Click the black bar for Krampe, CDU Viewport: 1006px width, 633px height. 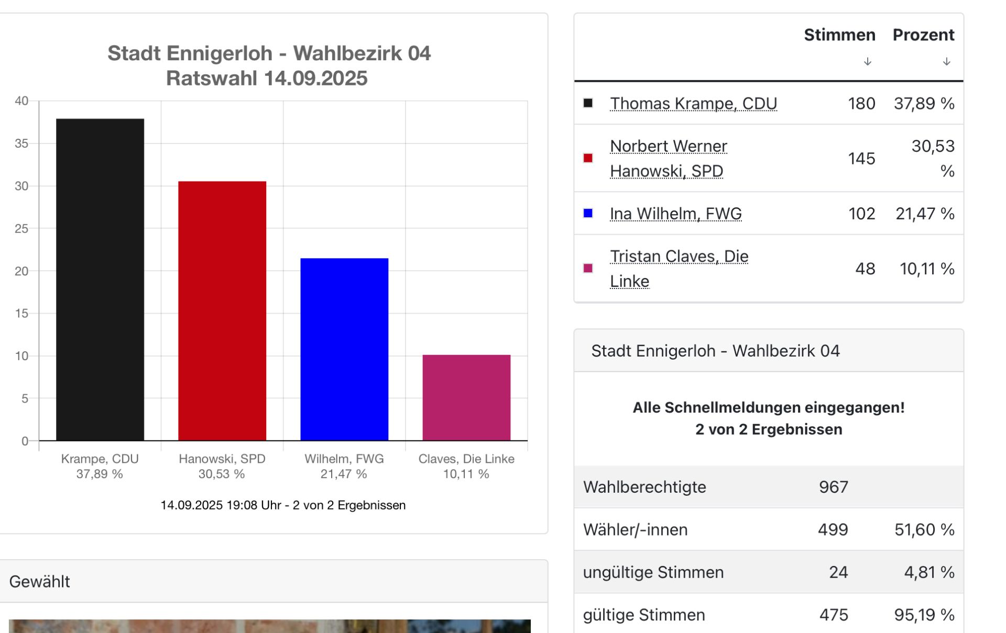tap(100, 280)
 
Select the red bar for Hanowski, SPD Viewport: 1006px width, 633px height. tap(222, 311)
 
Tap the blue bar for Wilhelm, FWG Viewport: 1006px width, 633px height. tap(344, 349)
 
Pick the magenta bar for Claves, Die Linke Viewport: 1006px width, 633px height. tap(466, 398)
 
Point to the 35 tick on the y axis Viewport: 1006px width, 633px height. tap(21, 143)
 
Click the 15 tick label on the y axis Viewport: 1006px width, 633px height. tap(21, 314)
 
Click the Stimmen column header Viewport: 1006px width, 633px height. tap(839, 35)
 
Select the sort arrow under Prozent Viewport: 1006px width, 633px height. tap(946, 62)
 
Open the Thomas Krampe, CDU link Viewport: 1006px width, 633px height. tap(693, 104)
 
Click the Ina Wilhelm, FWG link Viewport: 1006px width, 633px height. tap(675, 214)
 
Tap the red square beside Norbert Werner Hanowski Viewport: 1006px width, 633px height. tap(588, 158)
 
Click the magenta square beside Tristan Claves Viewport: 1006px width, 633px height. tap(588, 269)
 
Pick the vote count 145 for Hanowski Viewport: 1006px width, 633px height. tap(861, 159)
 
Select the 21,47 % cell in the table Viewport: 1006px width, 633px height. tap(924, 214)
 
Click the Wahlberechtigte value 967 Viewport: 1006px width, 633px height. tap(833, 487)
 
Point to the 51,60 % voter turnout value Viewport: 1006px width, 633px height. tap(924, 530)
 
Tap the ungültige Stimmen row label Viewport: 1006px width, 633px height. tap(653, 572)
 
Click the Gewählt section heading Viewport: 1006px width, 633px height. tap(40, 582)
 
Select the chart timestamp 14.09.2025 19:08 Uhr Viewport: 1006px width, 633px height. tap(283, 505)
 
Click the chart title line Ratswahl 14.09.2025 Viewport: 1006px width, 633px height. tap(267, 79)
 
